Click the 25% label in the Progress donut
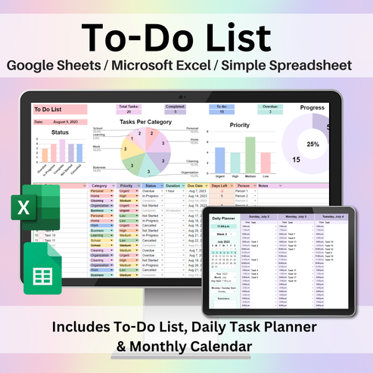click(312, 143)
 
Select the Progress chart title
click(312, 108)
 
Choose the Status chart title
click(61, 132)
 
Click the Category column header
click(100, 185)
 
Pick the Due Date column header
click(195, 185)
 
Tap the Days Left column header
click(220, 185)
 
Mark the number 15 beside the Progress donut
click(297, 159)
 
